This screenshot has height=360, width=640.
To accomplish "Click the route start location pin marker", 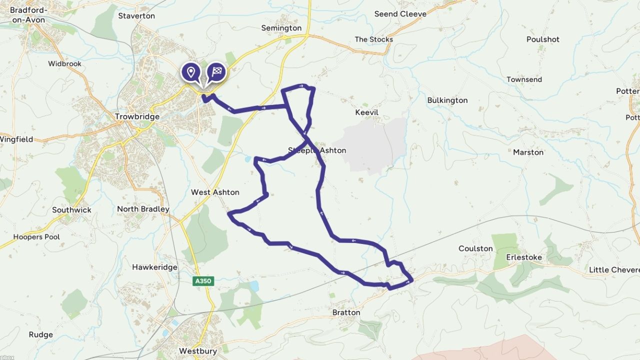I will pyautogui.click(x=190, y=72).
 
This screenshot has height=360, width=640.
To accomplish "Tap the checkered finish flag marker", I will pyautogui.click(x=216, y=72).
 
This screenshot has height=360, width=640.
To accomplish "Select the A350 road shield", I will pyautogui.click(x=203, y=281).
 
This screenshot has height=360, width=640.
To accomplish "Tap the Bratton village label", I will pyautogui.click(x=346, y=312).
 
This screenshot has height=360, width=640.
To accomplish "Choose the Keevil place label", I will pyautogui.click(x=367, y=112).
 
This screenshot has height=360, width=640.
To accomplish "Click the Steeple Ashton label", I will pyautogui.click(x=317, y=150).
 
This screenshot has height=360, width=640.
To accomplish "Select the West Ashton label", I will pyautogui.click(x=215, y=192).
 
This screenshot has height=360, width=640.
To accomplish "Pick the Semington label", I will pyautogui.click(x=281, y=28).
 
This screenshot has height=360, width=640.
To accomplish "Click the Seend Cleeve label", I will pyautogui.click(x=400, y=13).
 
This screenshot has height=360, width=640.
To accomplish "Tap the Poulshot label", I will pyautogui.click(x=543, y=39).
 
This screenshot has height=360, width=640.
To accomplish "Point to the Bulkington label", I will pyautogui.click(x=447, y=100).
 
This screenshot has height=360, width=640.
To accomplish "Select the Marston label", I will pyautogui.click(x=528, y=152).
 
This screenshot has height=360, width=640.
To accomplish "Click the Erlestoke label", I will pyautogui.click(x=524, y=257).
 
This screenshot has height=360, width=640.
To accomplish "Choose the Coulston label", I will pyautogui.click(x=475, y=248).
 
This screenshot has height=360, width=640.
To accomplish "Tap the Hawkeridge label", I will pyautogui.click(x=154, y=267).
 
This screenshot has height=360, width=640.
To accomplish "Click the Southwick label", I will pyautogui.click(x=72, y=210).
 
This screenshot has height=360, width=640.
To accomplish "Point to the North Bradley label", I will pyautogui.click(x=143, y=209).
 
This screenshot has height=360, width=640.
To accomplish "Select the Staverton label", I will pyautogui.click(x=136, y=15).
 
